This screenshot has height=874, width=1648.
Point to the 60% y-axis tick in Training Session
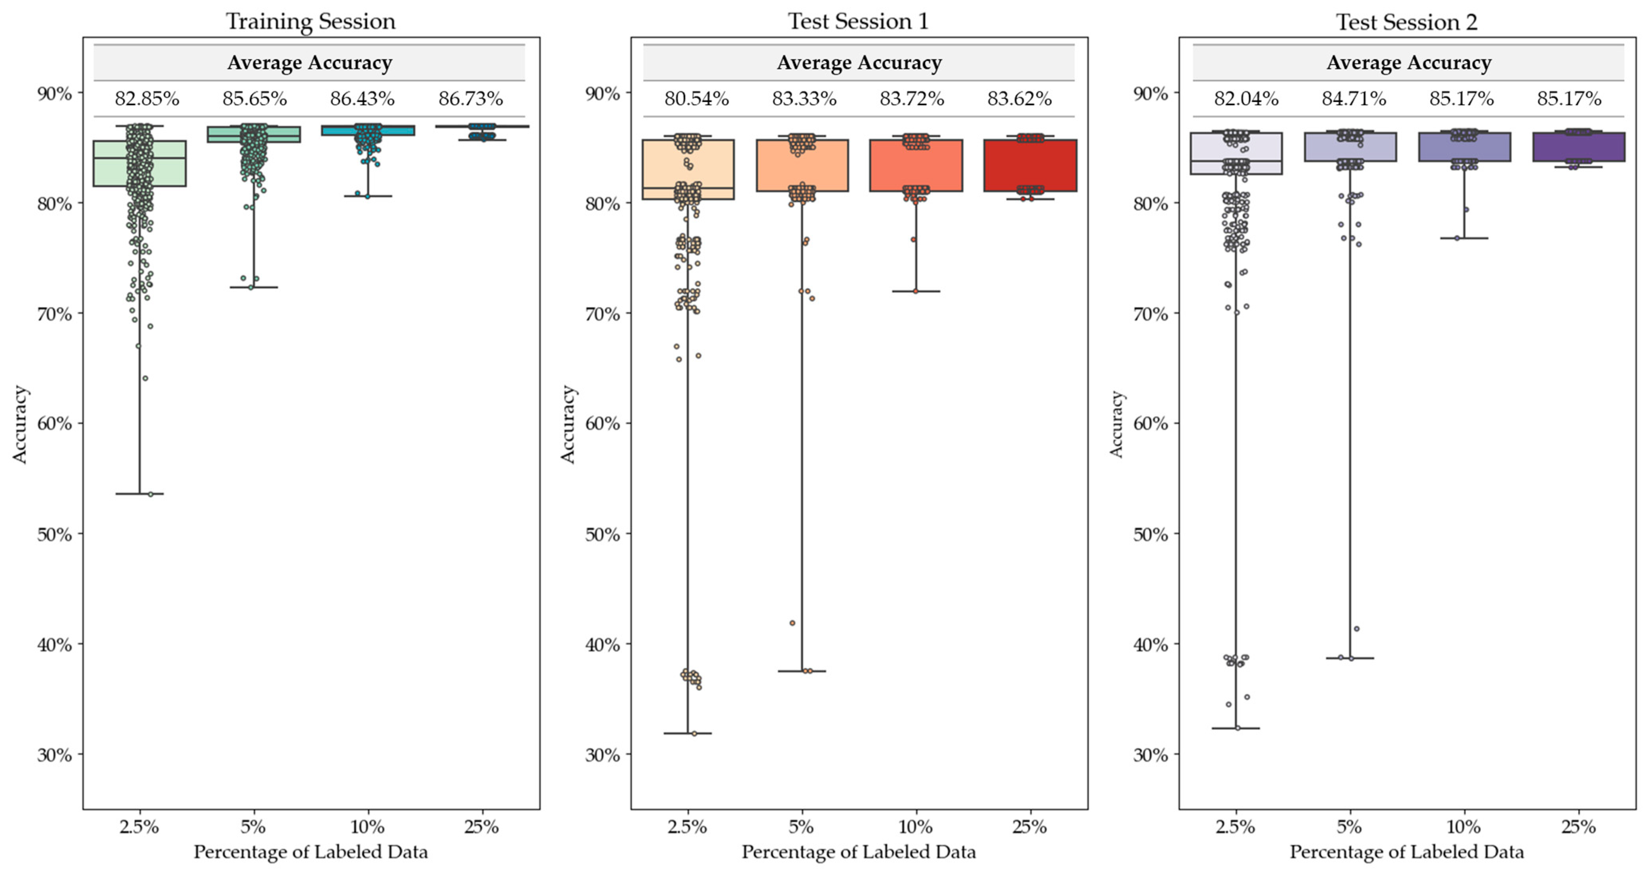click(x=54, y=424)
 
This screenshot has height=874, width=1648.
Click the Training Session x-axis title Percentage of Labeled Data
click(x=310, y=851)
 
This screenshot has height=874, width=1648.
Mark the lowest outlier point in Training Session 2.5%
click(x=151, y=494)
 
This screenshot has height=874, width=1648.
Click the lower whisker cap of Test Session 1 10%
click(x=916, y=291)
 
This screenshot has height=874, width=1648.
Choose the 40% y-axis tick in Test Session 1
click(x=603, y=644)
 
